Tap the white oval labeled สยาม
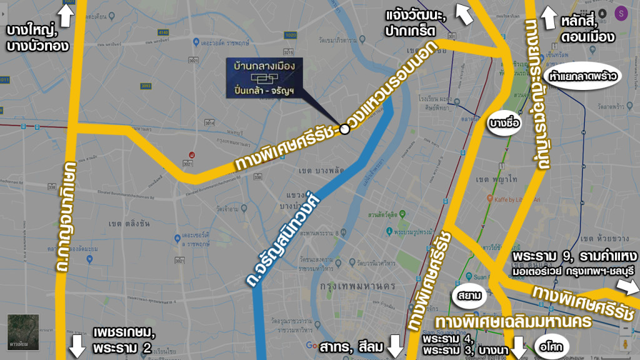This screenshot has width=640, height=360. [468, 295]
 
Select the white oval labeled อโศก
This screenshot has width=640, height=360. [552, 344]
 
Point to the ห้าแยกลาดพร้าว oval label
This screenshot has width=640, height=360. [584, 77]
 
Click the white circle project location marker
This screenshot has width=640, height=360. [344, 129]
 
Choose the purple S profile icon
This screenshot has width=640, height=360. [621, 13]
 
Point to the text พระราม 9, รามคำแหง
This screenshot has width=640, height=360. [574, 258]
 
